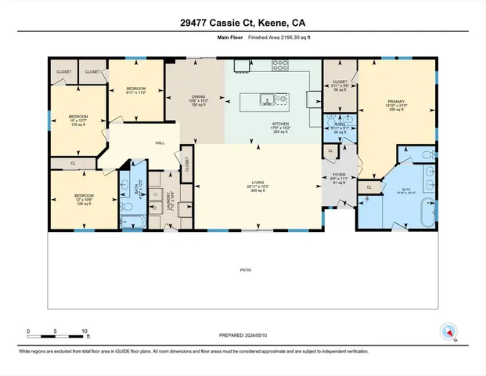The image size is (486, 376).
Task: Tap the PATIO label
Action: (x=245, y=269)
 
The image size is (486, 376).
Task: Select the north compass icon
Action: (x=448, y=332)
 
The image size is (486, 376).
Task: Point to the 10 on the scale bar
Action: (x=85, y=331)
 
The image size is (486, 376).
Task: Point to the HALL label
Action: (x=160, y=143)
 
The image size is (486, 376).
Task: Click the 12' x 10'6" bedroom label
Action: (x=84, y=197)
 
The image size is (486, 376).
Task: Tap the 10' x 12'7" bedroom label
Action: (x=77, y=119)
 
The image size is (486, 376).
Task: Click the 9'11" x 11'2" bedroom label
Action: (x=137, y=89)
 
